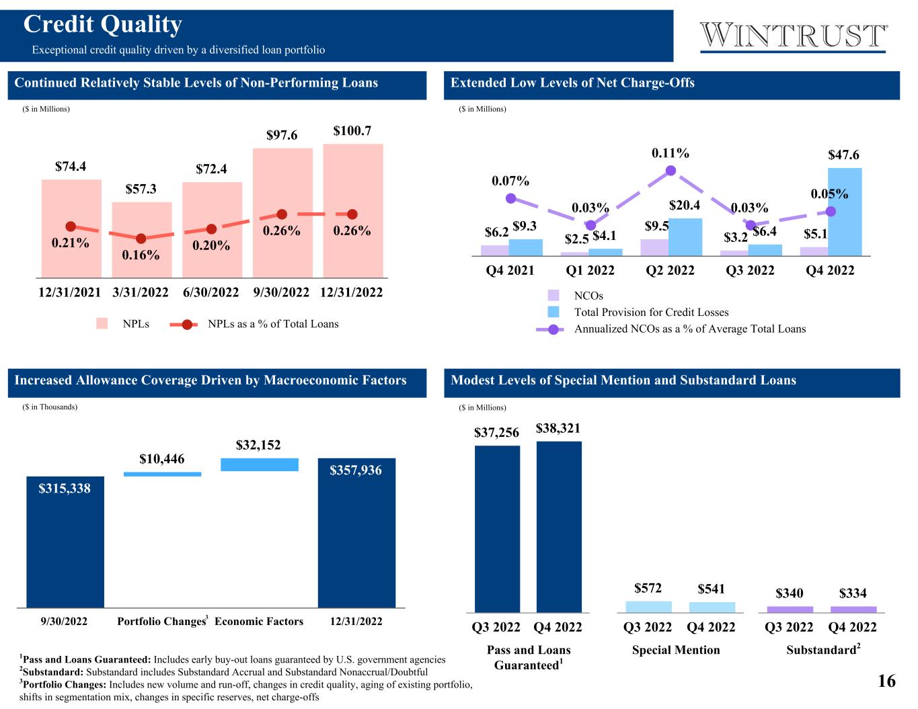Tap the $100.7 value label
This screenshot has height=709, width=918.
click(352, 131)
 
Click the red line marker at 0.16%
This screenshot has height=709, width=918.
click(141, 239)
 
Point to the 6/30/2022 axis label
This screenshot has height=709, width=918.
click(211, 292)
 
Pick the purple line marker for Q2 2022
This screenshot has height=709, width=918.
click(670, 171)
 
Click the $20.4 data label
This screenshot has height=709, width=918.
click(685, 205)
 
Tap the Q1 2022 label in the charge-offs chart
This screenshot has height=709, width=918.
click(590, 270)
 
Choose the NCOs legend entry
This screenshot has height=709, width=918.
click(588, 296)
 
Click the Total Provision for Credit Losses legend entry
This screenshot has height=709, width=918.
click(650, 312)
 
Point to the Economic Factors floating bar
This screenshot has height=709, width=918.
click(260, 464)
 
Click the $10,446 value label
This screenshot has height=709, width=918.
click(162, 459)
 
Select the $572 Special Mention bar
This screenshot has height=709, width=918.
click(648, 607)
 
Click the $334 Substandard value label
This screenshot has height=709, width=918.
click(853, 593)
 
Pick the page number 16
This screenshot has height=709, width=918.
click(886, 681)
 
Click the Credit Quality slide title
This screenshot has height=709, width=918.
click(103, 25)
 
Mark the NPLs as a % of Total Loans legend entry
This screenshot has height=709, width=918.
click(272, 324)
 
